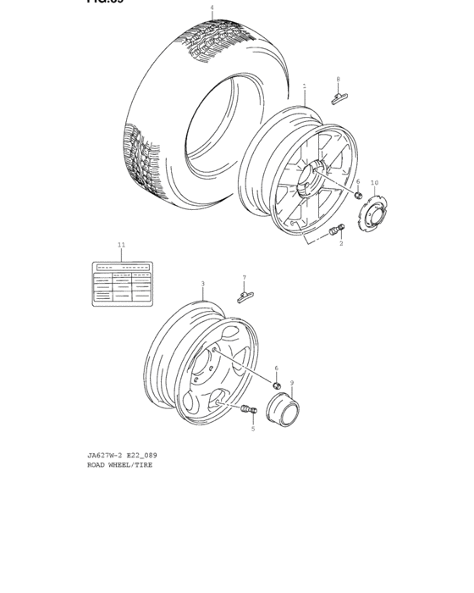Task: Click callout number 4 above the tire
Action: tap(212, 8)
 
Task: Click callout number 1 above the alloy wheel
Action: tap(305, 86)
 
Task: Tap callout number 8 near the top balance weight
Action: tap(338, 80)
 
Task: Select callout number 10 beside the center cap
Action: tap(374, 183)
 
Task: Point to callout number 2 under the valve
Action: tap(341, 243)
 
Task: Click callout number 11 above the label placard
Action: tap(121, 245)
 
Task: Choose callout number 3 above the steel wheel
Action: tap(202, 284)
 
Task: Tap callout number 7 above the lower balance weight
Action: tap(244, 278)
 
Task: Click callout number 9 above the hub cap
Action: tap(292, 383)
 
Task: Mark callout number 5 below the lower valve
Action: tap(252, 430)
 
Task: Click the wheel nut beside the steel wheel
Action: tap(276, 385)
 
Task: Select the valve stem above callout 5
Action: tap(248, 413)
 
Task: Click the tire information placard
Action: tap(123, 284)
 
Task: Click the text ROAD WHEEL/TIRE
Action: tap(120, 465)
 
